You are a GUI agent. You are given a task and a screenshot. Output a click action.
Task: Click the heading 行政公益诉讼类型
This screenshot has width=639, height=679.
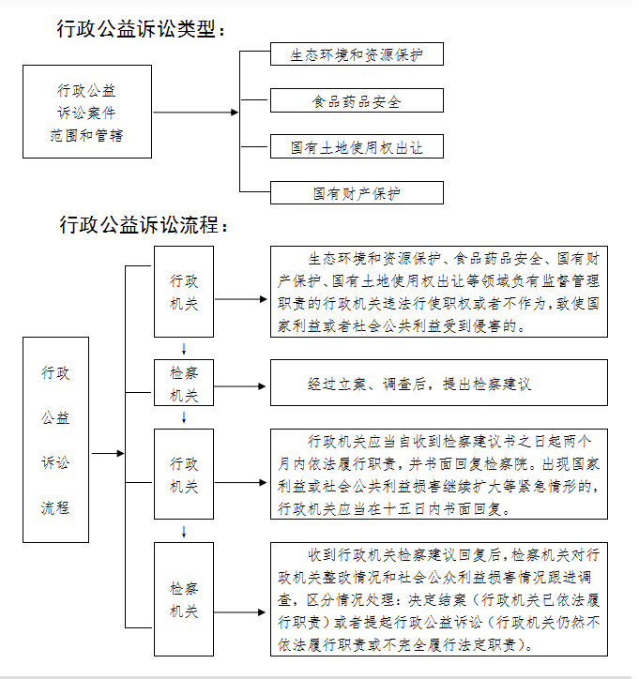pyautogui.click(x=136, y=29)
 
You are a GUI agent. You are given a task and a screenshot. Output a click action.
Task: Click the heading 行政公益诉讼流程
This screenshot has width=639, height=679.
pyautogui.click(x=139, y=225)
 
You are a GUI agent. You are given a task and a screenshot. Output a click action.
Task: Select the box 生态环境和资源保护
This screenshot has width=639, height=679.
pyautogui.click(x=357, y=54)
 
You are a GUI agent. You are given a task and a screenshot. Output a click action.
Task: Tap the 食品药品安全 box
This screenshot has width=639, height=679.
pyautogui.click(x=357, y=100)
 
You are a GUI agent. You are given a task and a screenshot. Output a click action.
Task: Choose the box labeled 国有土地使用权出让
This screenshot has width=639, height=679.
pyautogui.click(x=357, y=146)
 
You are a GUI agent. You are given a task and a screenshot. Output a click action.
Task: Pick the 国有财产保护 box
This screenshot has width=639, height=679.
pyautogui.click(x=357, y=192)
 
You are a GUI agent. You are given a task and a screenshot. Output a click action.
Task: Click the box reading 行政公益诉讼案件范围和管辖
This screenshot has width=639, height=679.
pyautogui.click(x=87, y=112)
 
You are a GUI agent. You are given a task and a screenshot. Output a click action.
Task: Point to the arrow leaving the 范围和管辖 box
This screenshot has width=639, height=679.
pyautogui.click(x=195, y=113)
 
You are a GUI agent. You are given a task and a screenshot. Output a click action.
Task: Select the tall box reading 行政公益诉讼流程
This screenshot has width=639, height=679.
pyautogui.click(x=55, y=440)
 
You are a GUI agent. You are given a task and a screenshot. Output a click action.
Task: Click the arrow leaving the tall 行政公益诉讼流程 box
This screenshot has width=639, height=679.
pyautogui.click(x=108, y=453)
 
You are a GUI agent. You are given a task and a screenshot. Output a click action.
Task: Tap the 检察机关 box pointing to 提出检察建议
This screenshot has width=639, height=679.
pyautogui.click(x=184, y=383)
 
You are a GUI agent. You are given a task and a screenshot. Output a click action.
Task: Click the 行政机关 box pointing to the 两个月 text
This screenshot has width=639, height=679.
pyautogui.click(x=184, y=475)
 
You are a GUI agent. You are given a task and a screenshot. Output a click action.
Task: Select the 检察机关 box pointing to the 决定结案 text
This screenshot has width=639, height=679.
pyautogui.click(x=184, y=599)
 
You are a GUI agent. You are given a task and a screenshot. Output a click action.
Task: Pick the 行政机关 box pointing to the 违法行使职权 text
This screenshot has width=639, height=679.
pyautogui.click(x=184, y=292)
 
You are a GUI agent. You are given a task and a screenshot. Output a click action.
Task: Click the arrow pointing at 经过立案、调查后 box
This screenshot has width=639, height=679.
pyautogui.click(x=239, y=386)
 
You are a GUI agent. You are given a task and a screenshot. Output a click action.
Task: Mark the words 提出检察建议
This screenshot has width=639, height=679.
pyautogui.click(x=486, y=385)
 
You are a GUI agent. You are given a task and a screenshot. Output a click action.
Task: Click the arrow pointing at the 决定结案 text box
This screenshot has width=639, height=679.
pyautogui.click(x=239, y=612)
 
